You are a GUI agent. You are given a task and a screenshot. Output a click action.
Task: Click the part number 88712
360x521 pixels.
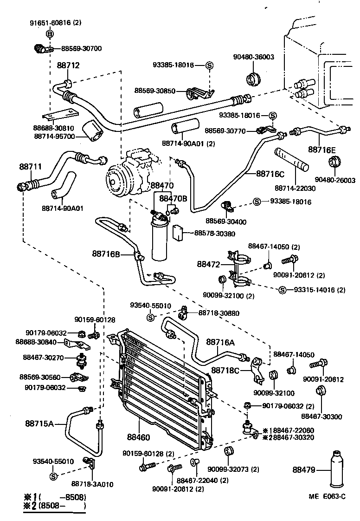(68, 65)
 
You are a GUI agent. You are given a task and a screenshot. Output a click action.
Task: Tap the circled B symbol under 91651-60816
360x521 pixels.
(50, 33)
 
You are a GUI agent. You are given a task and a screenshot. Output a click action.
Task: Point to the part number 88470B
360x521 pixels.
(173, 198)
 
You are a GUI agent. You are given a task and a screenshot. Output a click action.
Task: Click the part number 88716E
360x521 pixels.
(321, 150)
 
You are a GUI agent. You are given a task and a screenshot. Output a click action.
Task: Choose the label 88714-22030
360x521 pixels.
(295, 188)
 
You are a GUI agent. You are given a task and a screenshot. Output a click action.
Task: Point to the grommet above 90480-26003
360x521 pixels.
(334, 164)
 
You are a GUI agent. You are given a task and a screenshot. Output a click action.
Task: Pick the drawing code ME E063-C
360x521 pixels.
(327, 496)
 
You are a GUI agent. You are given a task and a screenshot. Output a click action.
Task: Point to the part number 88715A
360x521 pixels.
(40, 423)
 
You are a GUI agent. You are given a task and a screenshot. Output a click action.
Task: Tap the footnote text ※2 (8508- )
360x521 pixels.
(55, 505)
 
